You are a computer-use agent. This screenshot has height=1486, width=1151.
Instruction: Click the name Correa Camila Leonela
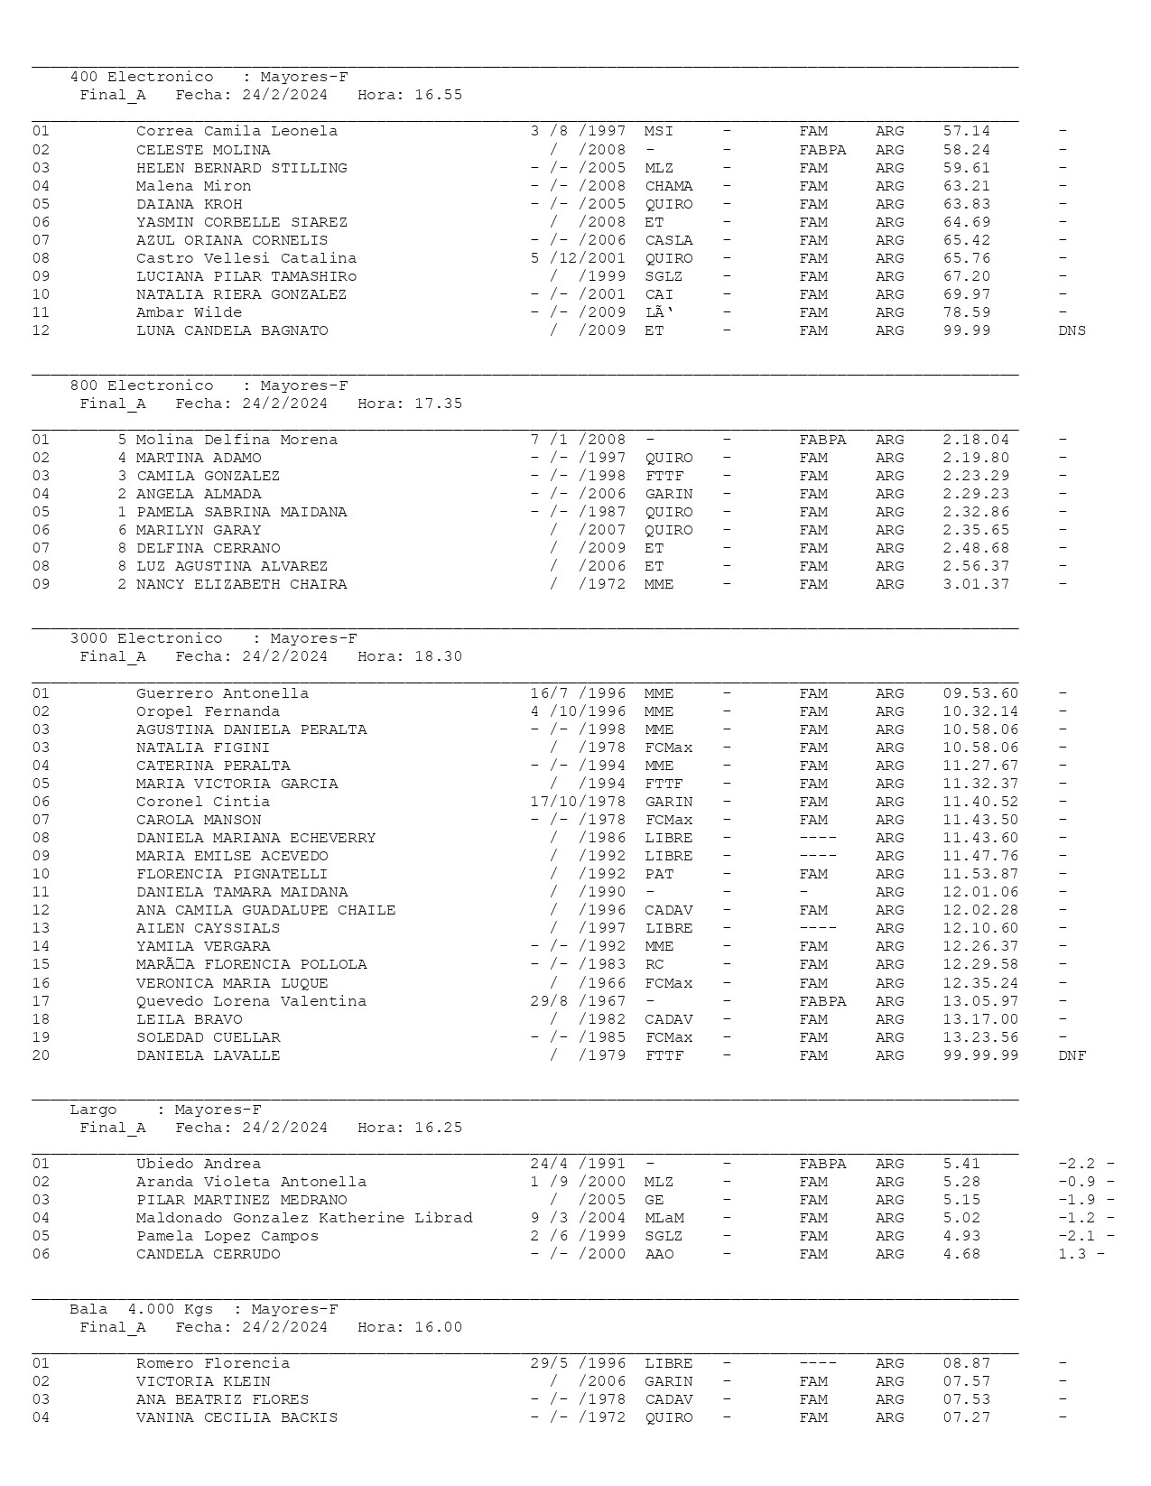237,131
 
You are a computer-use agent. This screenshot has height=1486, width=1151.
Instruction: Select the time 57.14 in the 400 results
966,131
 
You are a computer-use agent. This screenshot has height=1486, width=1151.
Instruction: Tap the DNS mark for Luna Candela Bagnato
1072,330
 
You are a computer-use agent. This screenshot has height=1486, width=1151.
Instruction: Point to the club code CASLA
669,240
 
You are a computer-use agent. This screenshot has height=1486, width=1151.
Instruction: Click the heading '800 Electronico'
142,385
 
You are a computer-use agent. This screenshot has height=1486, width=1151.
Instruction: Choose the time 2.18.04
976,440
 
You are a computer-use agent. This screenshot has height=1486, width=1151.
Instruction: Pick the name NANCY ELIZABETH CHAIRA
241,584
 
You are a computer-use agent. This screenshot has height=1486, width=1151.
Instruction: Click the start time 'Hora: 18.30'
410,656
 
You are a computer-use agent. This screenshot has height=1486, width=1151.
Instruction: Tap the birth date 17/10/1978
578,802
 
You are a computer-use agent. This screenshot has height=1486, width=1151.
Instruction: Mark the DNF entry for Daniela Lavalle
1072,1055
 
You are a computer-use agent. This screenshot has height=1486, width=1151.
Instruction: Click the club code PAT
659,874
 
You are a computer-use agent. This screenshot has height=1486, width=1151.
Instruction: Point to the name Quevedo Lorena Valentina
251,1001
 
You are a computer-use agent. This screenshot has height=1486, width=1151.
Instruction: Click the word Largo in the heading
93,1110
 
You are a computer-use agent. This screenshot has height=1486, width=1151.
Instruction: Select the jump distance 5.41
961,1164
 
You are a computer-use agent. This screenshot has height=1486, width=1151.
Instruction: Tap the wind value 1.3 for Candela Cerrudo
1072,1254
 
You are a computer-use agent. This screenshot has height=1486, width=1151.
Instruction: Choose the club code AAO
659,1254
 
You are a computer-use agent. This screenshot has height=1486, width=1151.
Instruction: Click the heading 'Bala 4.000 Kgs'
142,1309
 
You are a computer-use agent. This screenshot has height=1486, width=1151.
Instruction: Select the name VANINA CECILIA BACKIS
237,1417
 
